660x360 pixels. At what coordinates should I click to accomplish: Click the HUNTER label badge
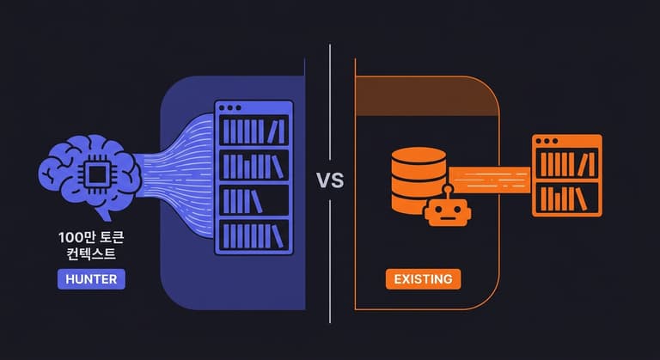click(91, 279)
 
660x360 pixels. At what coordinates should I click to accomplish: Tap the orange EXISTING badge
click(423, 279)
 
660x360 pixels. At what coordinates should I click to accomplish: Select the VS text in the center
click(330, 181)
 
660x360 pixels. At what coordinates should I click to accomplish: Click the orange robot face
click(447, 209)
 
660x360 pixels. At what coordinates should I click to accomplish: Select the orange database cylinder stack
click(419, 180)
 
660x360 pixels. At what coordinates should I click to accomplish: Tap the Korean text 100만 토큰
click(91, 235)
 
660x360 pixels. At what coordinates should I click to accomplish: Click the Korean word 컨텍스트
click(91, 253)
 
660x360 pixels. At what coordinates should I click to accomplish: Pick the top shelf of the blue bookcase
click(254, 132)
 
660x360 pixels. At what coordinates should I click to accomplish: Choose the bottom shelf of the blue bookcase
click(254, 235)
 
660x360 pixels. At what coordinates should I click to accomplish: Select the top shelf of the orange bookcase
click(566, 164)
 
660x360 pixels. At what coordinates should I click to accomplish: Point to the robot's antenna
click(447, 187)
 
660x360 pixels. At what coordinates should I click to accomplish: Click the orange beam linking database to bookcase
click(490, 180)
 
